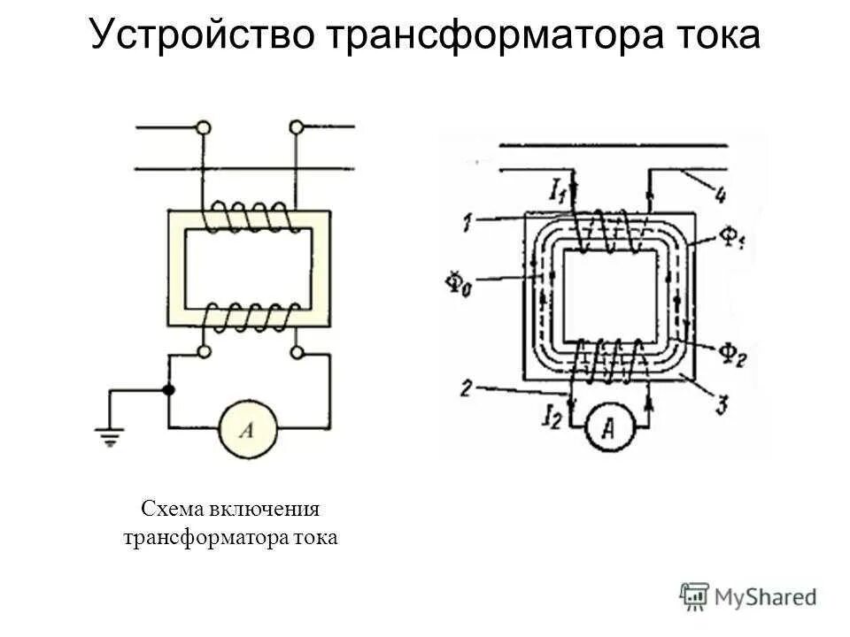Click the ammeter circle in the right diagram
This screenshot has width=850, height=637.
coord(609,427)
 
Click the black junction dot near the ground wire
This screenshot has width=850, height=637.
coord(168,389)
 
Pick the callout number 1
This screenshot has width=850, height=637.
coord(467,222)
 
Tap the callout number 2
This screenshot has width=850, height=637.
coord(467,387)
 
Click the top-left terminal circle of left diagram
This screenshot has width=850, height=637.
coord(204,128)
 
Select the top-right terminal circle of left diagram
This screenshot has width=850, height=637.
coord(297,128)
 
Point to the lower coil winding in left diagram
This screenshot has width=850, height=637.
coord(250,317)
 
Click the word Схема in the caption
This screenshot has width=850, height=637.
coord(173,510)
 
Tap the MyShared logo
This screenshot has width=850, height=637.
coord(749,596)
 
